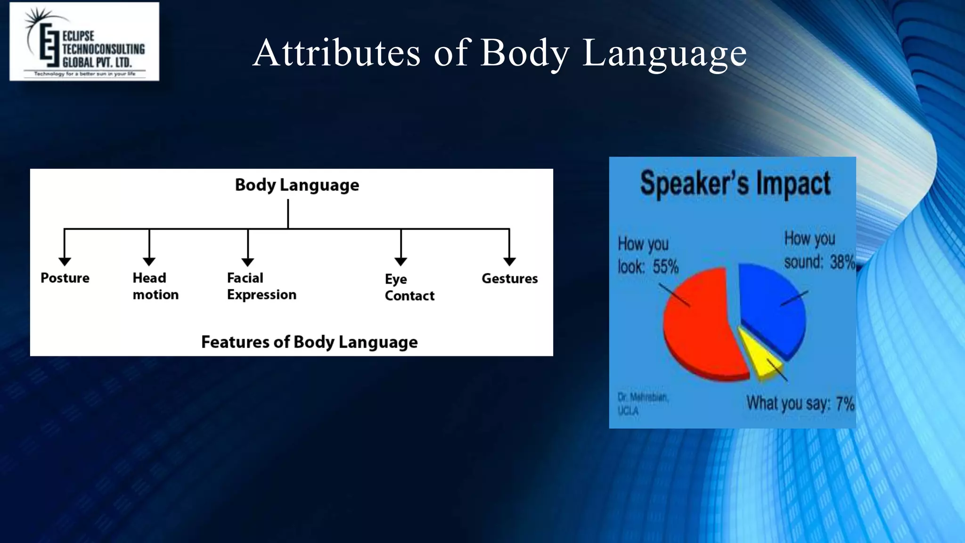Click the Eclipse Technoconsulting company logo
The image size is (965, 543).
pyautogui.click(x=84, y=41)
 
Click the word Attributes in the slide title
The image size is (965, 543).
pyautogui.click(x=336, y=53)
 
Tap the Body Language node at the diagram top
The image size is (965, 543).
pyautogui.click(x=297, y=185)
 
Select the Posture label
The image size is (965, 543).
pyautogui.click(x=65, y=278)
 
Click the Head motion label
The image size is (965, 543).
pyautogui.click(x=155, y=286)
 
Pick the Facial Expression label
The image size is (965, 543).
pyautogui.click(x=262, y=286)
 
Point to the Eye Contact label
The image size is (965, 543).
pyautogui.click(x=409, y=287)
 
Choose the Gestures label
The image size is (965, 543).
pyautogui.click(x=509, y=279)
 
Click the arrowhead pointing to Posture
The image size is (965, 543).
pyautogui.click(x=65, y=261)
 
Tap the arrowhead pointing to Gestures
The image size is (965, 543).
pyautogui.click(x=509, y=261)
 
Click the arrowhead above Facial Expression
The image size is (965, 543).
pyautogui.click(x=248, y=262)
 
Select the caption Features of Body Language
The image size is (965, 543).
pyautogui.click(x=309, y=342)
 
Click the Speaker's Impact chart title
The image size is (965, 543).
pyautogui.click(x=735, y=183)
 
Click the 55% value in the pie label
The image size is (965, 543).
pyautogui.click(x=665, y=267)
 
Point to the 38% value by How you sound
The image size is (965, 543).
pyautogui.click(x=842, y=262)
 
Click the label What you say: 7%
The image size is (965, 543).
pyautogui.click(x=800, y=404)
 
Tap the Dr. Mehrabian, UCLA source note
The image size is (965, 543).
pyautogui.click(x=642, y=404)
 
